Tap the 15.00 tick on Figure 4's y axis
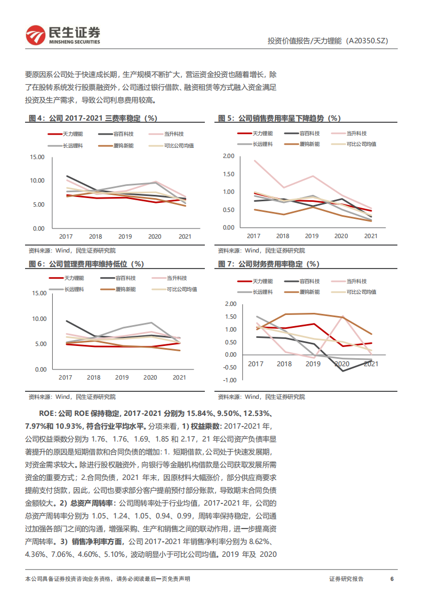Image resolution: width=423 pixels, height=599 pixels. [37, 157]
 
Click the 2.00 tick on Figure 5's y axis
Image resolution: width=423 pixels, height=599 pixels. [228, 156]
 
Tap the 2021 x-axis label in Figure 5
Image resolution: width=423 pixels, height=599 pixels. [371, 235]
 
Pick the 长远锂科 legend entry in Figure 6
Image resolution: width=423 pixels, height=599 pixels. [75, 289]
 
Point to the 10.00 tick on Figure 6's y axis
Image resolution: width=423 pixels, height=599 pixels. [39, 319]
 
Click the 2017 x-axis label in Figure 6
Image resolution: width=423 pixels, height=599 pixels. [66, 377]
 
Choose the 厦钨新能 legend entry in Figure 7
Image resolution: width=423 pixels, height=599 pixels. [309, 292]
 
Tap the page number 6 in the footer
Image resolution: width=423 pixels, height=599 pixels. [392, 579]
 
